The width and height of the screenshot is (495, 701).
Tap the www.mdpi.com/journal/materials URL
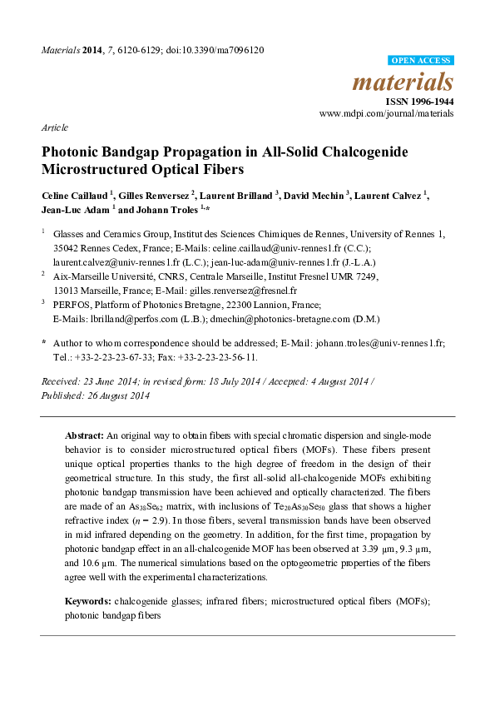pyautogui.click(x=388, y=112)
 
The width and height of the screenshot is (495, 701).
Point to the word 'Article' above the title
pyautogui.click(x=54, y=127)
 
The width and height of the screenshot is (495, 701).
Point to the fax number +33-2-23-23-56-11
pyautogui.click(x=217, y=357)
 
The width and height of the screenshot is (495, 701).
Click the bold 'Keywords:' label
pyautogui.click(x=89, y=600)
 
